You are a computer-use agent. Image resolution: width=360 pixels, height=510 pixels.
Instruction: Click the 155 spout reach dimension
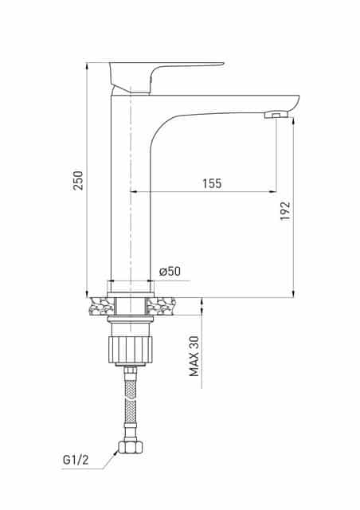[x=211, y=183]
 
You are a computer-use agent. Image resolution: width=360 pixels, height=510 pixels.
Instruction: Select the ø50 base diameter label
[x=170, y=272]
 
